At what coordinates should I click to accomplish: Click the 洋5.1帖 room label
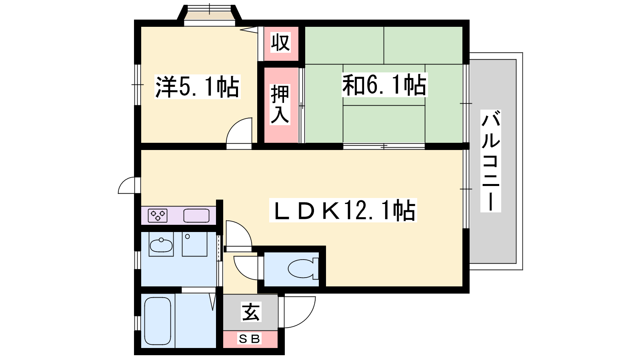tap(198, 86)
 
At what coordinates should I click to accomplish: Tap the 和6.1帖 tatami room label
tap(384, 85)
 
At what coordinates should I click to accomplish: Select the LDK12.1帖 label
tap(343, 210)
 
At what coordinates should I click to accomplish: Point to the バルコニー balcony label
tap(490, 161)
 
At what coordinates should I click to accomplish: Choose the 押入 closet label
tap(280, 104)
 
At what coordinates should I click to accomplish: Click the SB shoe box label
tap(250, 339)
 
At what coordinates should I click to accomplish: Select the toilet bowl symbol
tap(303, 268)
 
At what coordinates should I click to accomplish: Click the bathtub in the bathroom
tap(158, 321)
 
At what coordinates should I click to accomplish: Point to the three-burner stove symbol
tap(158, 216)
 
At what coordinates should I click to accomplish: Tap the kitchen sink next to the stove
tap(196, 216)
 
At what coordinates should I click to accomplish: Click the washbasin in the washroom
tap(161, 245)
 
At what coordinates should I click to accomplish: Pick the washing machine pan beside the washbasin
tap(194, 244)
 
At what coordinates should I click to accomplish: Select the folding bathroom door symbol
tap(212, 302)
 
